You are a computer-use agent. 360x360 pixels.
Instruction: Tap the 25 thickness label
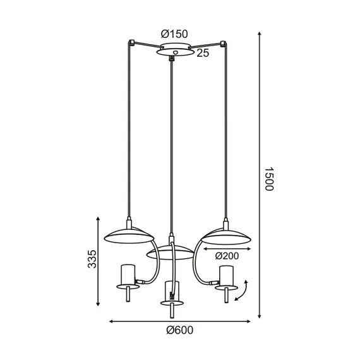click(x=203, y=53)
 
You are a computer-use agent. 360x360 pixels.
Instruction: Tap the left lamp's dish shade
click(x=129, y=236)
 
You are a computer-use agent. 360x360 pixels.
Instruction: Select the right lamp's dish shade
click(x=225, y=236)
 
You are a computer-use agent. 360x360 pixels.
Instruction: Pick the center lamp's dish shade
click(x=170, y=253)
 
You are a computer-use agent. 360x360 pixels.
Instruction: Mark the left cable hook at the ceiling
click(x=131, y=43)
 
